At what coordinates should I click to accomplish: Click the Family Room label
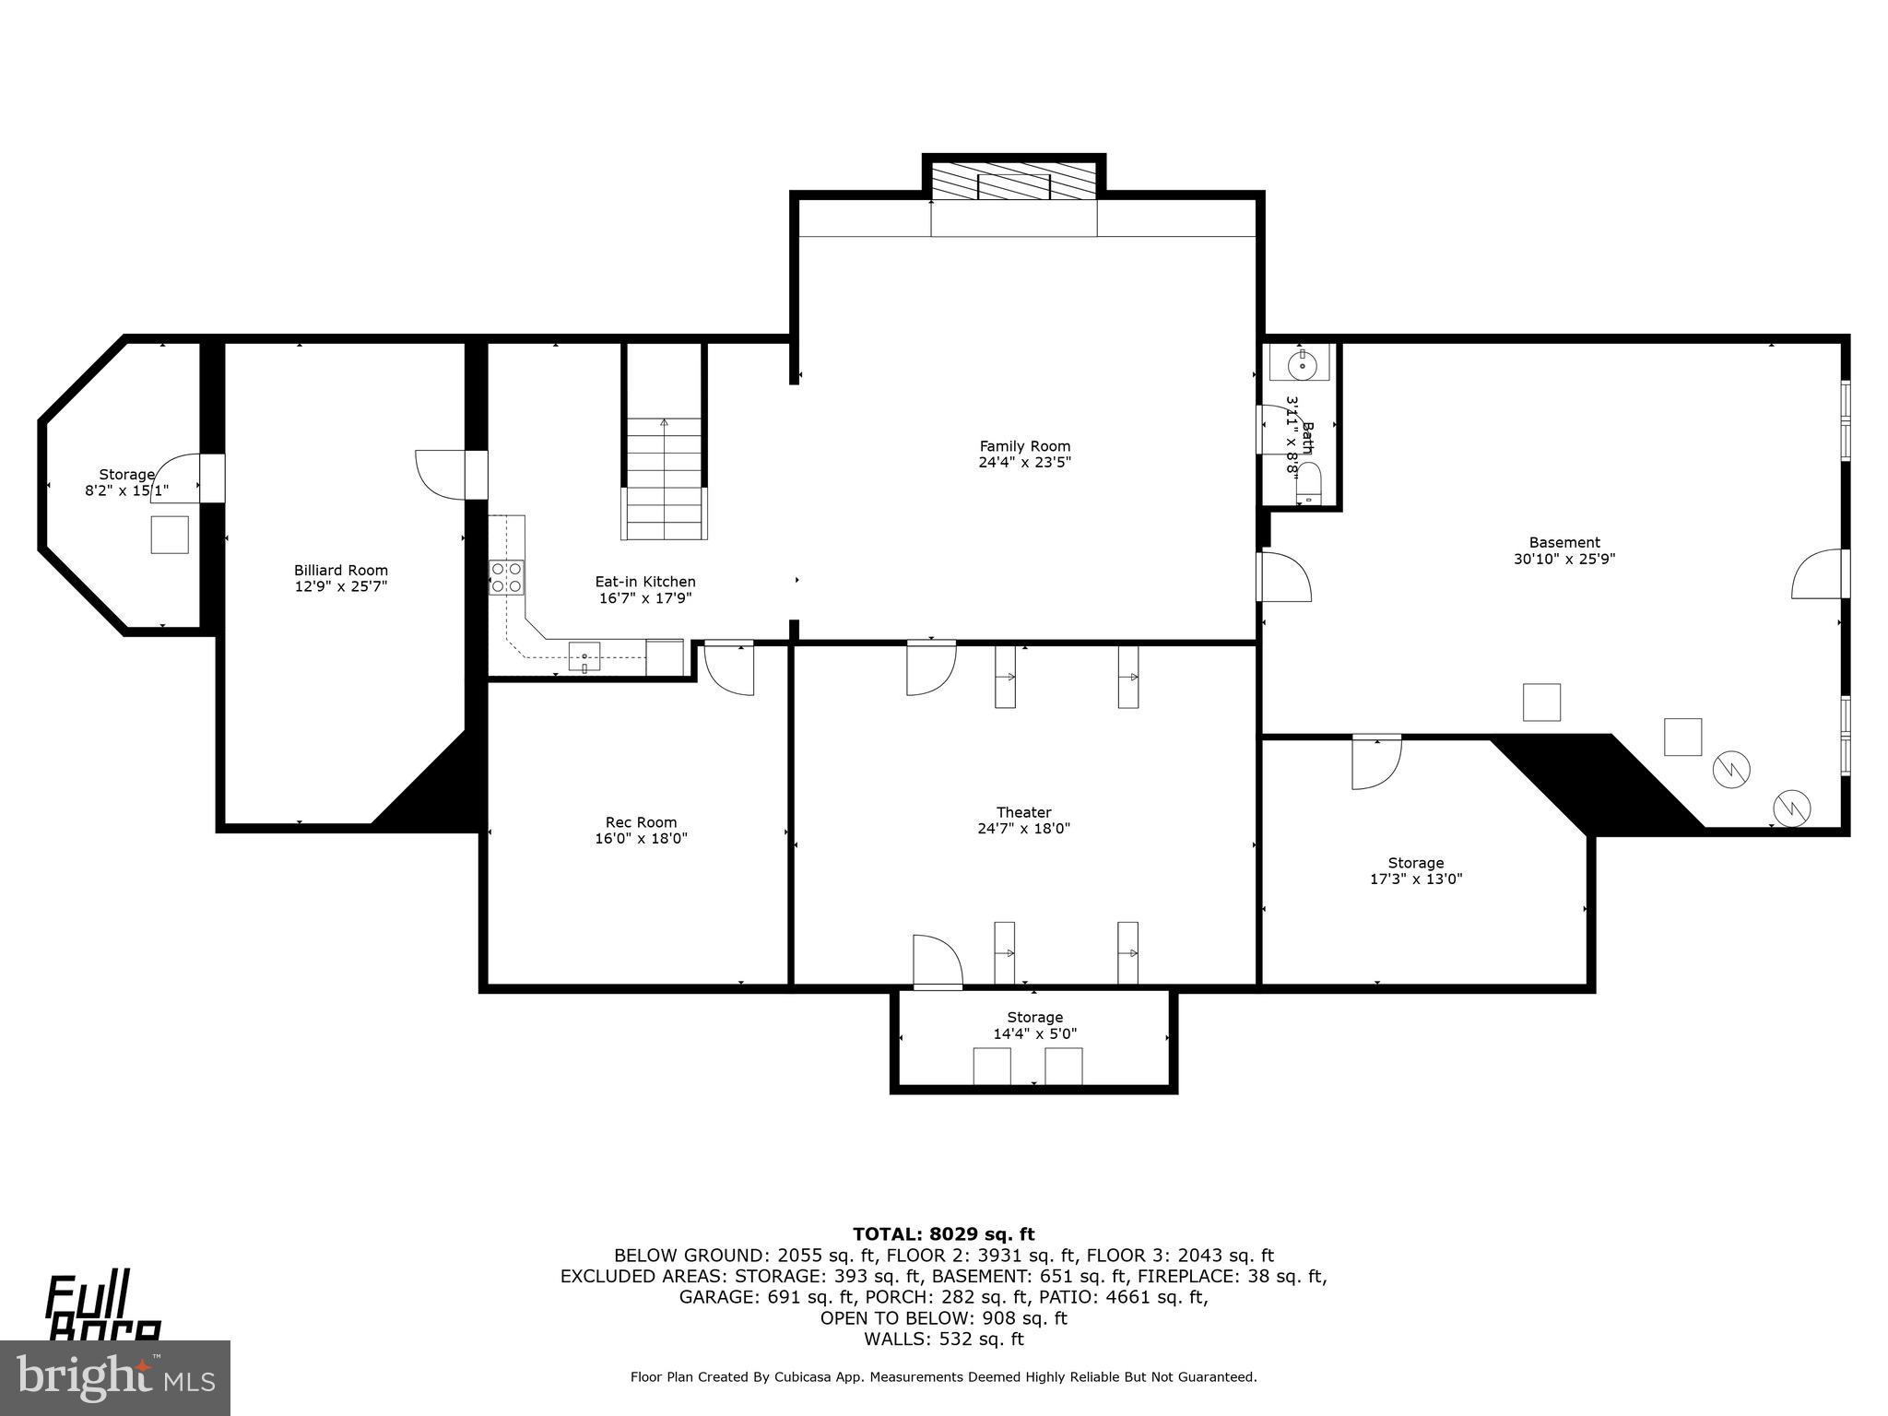[1024, 446]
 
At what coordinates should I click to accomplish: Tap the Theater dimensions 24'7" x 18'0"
[1023, 829]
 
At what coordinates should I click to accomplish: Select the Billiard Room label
[341, 571]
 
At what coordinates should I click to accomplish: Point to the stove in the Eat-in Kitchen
[506, 577]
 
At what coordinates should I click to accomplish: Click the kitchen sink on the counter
[584, 657]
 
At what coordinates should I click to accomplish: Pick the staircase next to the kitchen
[665, 479]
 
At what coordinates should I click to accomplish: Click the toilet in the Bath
[1308, 485]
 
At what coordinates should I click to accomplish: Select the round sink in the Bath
[1303, 363]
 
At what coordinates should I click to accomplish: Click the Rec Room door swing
[728, 668]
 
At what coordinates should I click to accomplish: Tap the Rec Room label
[641, 822]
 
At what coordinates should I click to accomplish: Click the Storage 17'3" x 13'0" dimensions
[1416, 879]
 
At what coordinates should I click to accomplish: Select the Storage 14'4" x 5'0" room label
[1034, 1018]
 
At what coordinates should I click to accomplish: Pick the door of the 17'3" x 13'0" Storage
[1376, 761]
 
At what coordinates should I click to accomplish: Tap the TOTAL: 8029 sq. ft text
[943, 1234]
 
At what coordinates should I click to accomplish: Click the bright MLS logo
[114, 1377]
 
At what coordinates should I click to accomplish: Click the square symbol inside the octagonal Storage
[170, 535]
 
